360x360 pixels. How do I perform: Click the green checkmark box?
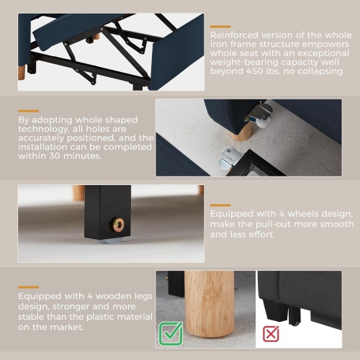tap(171, 333)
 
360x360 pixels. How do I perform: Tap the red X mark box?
tap(271, 333)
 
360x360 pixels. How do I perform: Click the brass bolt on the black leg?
tap(117, 225)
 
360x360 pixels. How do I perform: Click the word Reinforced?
tap(234, 35)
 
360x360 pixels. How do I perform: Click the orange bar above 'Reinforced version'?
tap(220, 27)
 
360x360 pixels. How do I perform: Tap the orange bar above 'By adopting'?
tap(28, 111)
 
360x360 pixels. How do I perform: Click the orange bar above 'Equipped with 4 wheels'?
tap(220, 205)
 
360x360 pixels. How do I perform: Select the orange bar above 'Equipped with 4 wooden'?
tap(28, 287)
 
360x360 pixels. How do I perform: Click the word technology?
tap(43, 129)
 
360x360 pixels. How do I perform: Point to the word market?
tap(67, 327)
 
